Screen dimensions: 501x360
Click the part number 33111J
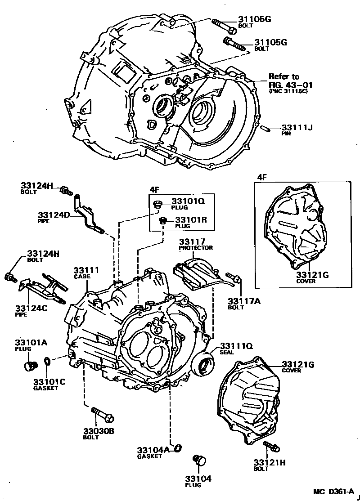point(297,127)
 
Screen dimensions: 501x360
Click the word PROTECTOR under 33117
point(196,248)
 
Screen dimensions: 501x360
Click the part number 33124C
point(31,308)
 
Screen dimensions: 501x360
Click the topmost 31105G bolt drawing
point(224,26)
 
